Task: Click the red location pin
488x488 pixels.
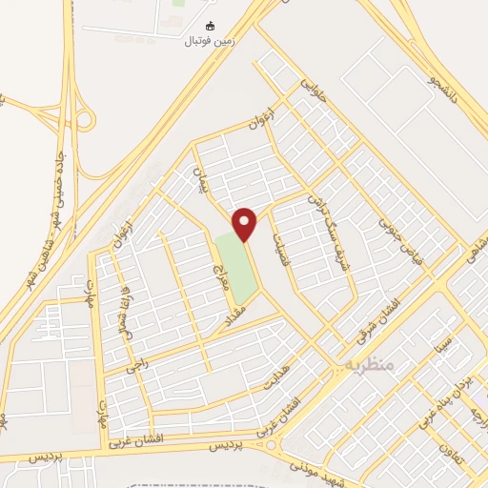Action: [245, 224]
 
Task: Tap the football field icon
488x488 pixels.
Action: [211, 26]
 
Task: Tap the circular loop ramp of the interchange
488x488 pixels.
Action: [84, 120]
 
